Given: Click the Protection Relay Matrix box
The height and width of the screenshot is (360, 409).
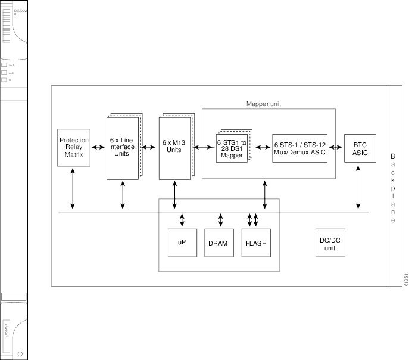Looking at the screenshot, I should (x=73, y=147).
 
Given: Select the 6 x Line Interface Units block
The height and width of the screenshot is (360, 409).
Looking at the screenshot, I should (x=121, y=147).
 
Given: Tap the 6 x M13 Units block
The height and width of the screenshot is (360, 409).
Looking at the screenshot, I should (x=173, y=147).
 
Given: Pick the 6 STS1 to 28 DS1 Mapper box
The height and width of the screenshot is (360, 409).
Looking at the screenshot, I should (x=231, y=147).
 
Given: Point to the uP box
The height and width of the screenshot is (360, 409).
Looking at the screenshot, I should (x=182, y=243).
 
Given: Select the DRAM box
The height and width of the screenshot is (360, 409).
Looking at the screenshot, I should (x=219, y=243).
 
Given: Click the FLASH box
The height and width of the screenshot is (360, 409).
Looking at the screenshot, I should (x=256, y=243).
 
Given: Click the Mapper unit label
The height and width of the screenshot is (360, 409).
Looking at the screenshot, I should (x=264, y=104).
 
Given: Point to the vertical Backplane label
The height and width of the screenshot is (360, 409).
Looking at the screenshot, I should (x=393, y=188).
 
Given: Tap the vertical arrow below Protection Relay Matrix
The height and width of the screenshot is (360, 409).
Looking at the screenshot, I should (x=73, y=188).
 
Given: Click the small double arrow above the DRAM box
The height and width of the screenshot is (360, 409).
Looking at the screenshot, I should (x=221, y=220).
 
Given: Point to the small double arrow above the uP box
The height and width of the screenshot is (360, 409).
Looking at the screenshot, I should (x=182, y=220).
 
